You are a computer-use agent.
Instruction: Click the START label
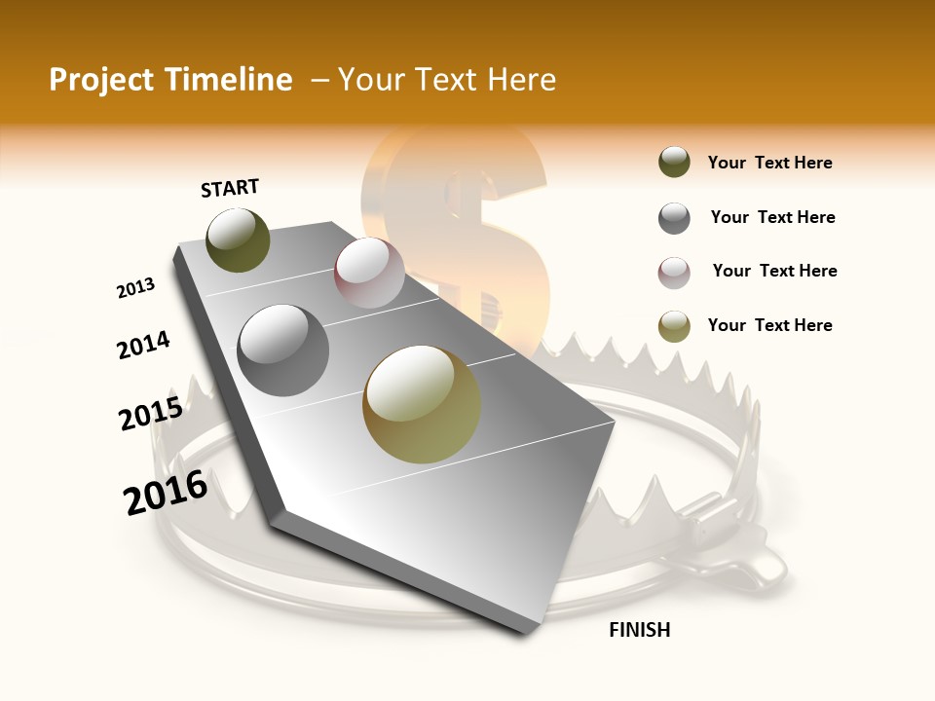click(230, 188)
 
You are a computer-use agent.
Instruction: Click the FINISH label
click(639, 630)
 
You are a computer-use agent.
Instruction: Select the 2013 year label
click(135, 288)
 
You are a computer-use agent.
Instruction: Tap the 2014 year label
click(143, 345)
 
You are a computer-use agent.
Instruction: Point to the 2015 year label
click(151, 414)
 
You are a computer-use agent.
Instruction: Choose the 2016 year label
click(166, 493)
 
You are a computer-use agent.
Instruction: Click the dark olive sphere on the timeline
click(238, 240)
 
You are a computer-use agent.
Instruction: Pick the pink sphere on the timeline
click(369, 273)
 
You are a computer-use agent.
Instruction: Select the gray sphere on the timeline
click(283, 350)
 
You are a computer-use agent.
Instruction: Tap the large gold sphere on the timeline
click(422, 404)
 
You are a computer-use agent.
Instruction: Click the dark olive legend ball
click(674, 163)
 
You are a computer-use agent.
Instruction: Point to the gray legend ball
click(674, 218)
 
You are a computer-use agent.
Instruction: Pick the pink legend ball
click(674, 273)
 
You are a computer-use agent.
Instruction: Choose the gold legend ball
click(674, 326)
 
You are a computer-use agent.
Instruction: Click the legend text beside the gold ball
click(769, 325)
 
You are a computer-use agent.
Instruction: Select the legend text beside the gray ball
click(772, 217)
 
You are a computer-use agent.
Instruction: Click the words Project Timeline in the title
click(170, 80)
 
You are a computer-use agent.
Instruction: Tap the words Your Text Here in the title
click(446, 80)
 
